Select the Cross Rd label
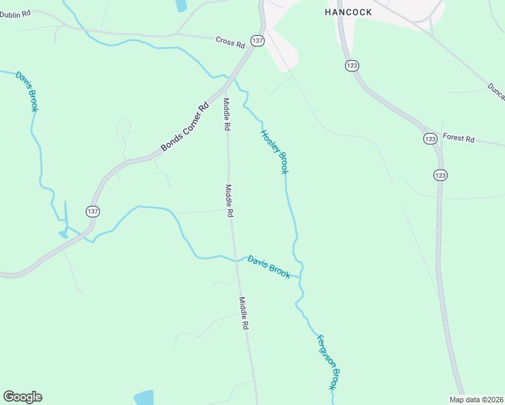[x=230, y=42]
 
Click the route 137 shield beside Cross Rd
[x=257, y=41]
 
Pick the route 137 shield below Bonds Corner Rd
[x=93, y=211]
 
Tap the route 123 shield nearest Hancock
[x=352, y=65]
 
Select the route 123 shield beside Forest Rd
[x=430, y=138]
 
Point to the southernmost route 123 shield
[x=440, y=175]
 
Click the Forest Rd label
[x=459, y=139]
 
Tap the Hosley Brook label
[x=275, y=152]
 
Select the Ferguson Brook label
[x=327, y=362]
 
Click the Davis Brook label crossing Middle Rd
[x=269, y=267]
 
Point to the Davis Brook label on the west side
[x=26, y=91]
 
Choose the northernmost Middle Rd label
[x=228, y=114]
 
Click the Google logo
[x=22, y=397]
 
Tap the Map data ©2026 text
[x=475, y=400]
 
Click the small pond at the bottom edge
[x=144, y=398]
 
